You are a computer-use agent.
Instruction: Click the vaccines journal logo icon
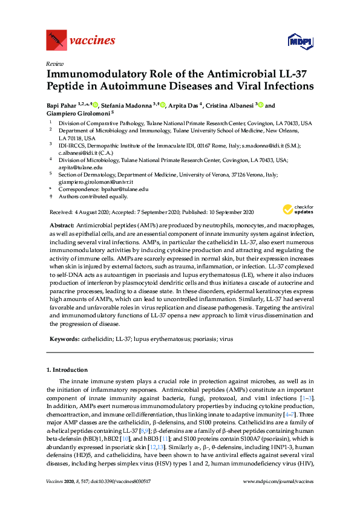click(x=56, y=41)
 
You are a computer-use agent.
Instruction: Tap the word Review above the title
click(x=54, y=63)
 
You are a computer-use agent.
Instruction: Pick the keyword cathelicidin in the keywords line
click(x=99, y=339)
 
